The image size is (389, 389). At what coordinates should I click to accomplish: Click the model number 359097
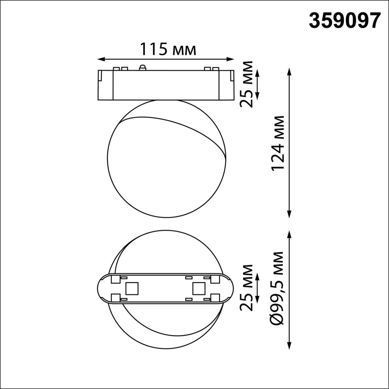tap(345, 21)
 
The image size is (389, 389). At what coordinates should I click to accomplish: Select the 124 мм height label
tap(278, 143)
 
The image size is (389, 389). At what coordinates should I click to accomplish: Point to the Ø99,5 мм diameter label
tap(277, 288)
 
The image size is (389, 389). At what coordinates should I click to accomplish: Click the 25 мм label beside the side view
tap(246, 84)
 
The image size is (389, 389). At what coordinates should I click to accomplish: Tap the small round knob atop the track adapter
tap(142, 67)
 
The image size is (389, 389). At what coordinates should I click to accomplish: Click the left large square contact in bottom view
tap(132, 288)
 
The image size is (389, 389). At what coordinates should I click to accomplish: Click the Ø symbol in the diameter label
tap(277, 320)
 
